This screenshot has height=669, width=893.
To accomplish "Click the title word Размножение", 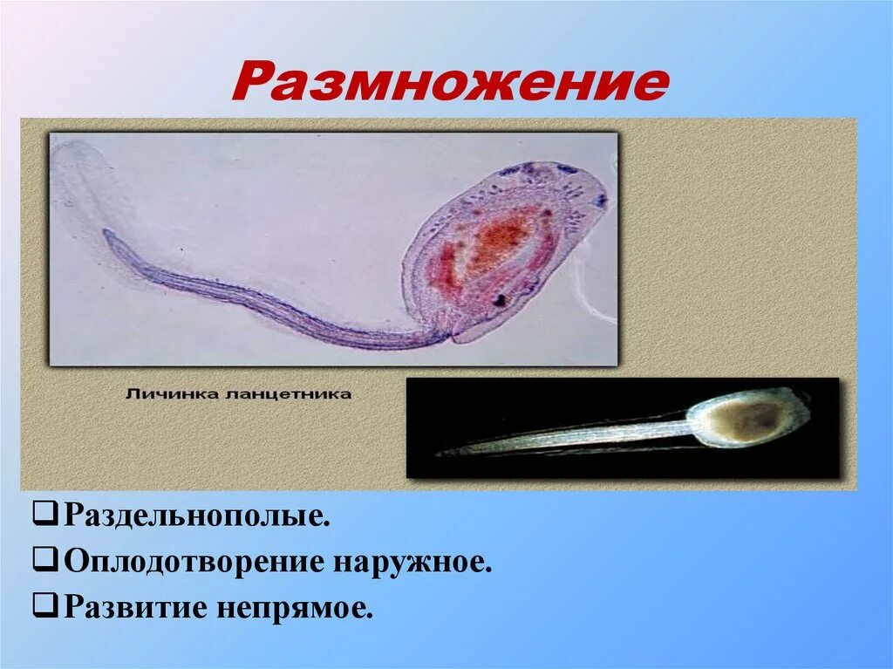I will [x=449, y=84].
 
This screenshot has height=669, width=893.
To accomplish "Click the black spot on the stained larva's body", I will [x=501, y=300].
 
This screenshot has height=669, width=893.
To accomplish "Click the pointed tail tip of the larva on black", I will [x=441, y=453].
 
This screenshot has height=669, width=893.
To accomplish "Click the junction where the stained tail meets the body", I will [x=450, y=336].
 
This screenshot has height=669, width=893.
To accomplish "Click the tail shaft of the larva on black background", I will [x=576, y=435].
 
